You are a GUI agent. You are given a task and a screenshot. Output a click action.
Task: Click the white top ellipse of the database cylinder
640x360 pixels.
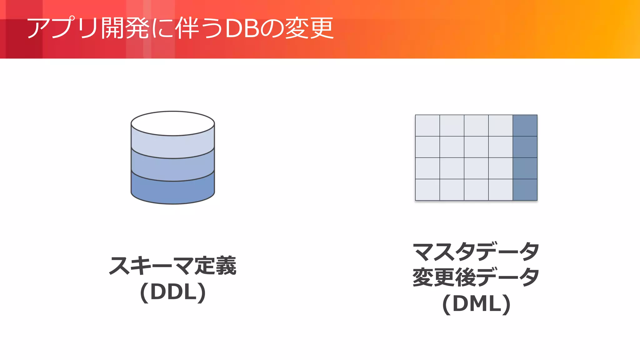[172, 123]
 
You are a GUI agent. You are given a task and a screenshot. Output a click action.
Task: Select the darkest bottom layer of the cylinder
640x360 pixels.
[172, 192]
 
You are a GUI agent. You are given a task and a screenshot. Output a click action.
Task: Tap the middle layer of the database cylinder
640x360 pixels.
[172, 169]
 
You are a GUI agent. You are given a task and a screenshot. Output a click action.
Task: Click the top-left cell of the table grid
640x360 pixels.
[427, 126]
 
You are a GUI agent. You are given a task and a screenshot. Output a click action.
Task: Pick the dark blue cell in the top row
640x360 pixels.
[525, 126]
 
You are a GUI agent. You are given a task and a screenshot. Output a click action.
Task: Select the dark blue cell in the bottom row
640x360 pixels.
[525, 190]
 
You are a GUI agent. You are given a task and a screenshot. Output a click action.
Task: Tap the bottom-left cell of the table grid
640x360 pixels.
[427, 190]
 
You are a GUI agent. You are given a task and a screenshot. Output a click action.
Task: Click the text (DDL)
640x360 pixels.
[173, 292]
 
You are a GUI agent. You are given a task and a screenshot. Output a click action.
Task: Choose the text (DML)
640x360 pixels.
[476, 303]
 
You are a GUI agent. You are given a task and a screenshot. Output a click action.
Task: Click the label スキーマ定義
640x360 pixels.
[172, 266]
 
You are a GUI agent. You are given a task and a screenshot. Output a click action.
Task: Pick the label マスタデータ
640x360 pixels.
[476, 252]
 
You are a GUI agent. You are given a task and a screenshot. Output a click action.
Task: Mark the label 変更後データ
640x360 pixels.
[476, 277]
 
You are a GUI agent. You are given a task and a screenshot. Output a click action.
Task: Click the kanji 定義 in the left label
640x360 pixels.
[215, 266]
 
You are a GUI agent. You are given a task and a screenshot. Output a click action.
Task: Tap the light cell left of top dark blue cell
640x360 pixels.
[501, 126]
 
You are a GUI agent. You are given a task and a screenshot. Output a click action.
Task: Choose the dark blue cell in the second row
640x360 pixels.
[525, 147]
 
